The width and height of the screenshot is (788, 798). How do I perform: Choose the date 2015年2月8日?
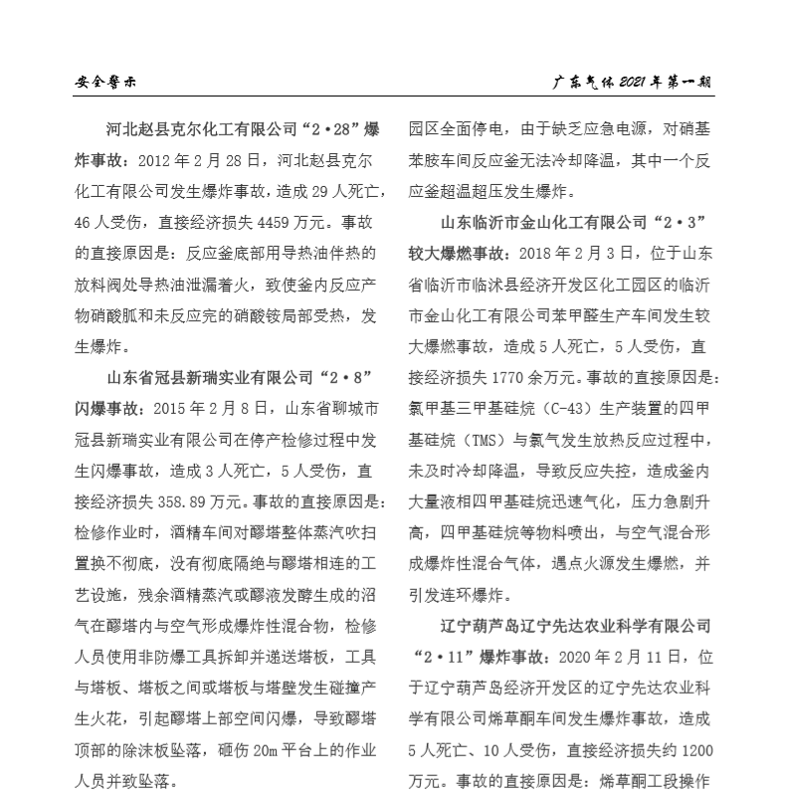[205, 408]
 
